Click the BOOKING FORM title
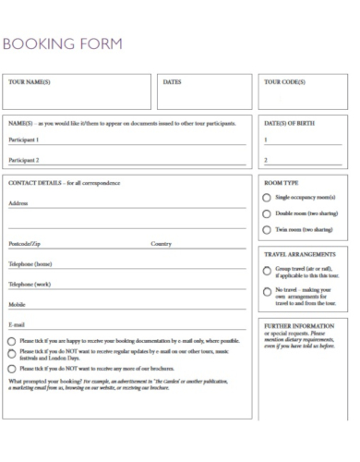63,43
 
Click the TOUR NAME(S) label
29,82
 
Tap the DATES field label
172,82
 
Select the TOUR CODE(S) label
284,82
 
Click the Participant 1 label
24,140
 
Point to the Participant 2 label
24,160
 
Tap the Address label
18,203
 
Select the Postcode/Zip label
25,244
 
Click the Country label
162,244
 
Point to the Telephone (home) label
30,264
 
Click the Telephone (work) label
30,285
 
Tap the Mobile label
18,304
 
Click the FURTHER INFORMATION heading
299,326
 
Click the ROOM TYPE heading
281,183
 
